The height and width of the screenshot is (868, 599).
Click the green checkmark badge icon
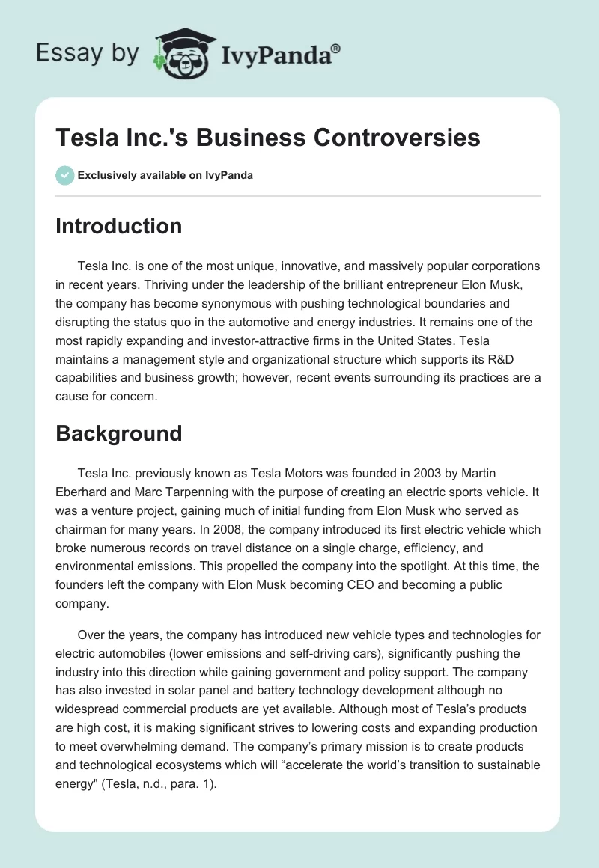[64, 175]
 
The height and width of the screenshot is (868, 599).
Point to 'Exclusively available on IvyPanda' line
[165, 175]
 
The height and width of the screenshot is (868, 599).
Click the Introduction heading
[118, 226]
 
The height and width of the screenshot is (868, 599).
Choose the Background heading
[118, 433]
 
